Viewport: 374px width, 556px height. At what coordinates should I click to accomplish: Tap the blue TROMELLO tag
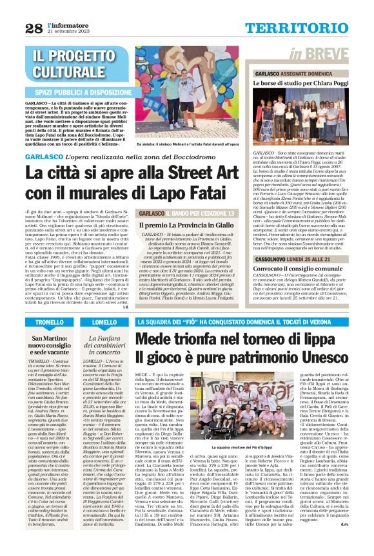click(50, 321)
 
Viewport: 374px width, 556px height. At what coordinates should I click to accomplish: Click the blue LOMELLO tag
click(104, 321)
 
